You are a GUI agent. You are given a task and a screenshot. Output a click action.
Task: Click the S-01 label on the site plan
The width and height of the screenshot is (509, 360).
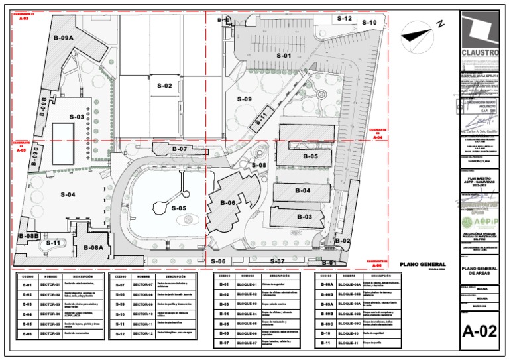click(284, 56)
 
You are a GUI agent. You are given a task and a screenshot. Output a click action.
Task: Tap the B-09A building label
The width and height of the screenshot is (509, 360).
click(64, 38)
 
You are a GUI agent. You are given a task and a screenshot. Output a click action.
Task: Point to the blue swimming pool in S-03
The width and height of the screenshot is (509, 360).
click(64, 133)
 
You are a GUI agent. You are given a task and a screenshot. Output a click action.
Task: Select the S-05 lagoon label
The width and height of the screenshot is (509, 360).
click(179, 208)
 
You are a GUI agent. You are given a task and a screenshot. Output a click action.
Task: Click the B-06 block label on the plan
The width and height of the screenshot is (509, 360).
click(228, 203)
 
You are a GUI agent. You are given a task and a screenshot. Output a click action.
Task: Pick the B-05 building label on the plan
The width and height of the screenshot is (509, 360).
click(310, 157)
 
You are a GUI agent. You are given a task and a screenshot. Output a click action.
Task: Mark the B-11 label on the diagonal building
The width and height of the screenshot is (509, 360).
click(261, 117)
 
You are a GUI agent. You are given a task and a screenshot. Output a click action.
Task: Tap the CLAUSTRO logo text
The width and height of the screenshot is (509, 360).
click(480, 52)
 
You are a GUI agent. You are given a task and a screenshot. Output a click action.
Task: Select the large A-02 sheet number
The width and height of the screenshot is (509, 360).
click(480, 331)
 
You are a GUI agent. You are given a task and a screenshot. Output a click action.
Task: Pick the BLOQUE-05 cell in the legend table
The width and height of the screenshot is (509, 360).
click(246, 324)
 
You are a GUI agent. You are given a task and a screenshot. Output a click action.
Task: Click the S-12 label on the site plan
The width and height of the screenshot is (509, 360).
click(344, 19)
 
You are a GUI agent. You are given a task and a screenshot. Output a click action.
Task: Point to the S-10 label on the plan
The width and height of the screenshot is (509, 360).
click(369, 23)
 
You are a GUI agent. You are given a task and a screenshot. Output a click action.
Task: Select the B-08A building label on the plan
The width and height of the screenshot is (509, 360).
click(93, 247)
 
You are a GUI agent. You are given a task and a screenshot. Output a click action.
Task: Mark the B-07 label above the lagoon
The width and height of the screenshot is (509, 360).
click(179, 149)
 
